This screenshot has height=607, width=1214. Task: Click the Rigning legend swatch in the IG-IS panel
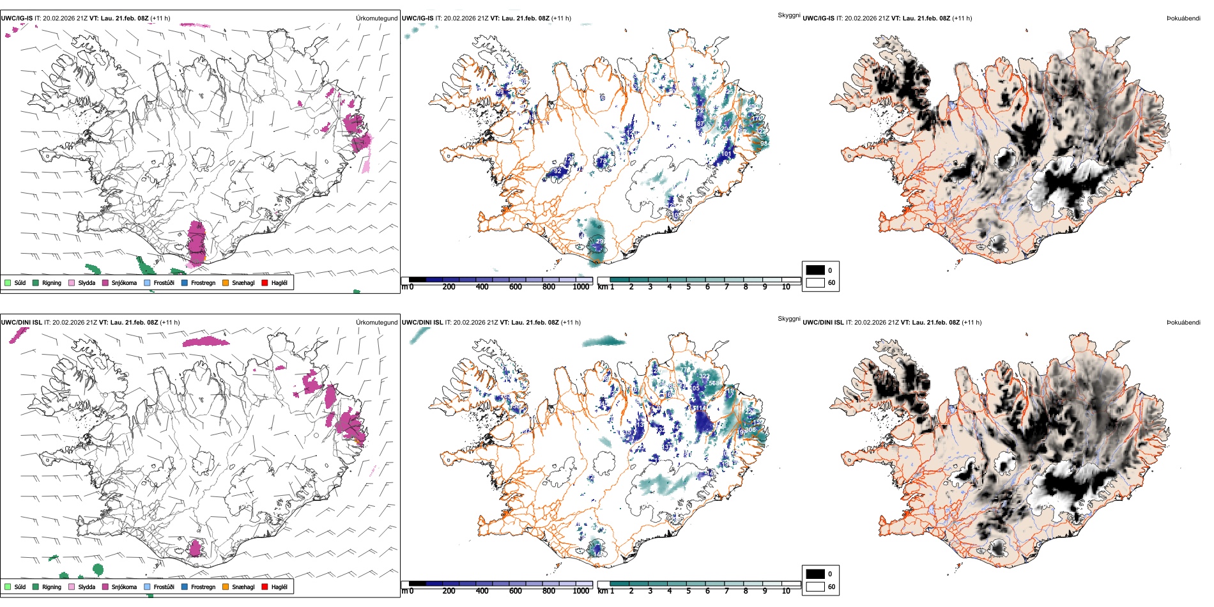click(x=36, y=282)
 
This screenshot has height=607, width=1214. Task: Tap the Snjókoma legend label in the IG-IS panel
click(x=124, y=283)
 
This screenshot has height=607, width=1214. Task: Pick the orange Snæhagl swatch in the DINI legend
click(x=226, y=587)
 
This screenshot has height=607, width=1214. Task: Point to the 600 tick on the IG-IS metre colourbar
click(x=516, y=287)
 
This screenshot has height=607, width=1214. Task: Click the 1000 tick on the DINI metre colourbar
click(x=581, y=591)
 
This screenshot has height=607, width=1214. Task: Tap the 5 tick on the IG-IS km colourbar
click(x=689, y=287)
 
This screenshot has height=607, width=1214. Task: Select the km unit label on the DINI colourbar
click(x=602, y=591)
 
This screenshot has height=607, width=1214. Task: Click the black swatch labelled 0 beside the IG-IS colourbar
click(x=815, y=270)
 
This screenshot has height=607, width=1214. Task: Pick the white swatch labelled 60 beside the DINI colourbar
click(x=815, y=586)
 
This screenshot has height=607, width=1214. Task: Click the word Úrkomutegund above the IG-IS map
click(x=376, y=19)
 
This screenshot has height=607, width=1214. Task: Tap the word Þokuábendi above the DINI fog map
click(x=1183, y=322)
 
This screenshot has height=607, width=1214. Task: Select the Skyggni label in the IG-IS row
click(x=788, y=15)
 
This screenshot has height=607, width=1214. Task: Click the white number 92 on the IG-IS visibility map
click(x=557, y=171)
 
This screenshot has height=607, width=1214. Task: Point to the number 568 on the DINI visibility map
click(x=714, y=383)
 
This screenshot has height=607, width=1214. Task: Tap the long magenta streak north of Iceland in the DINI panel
click(x=205, y=342)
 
